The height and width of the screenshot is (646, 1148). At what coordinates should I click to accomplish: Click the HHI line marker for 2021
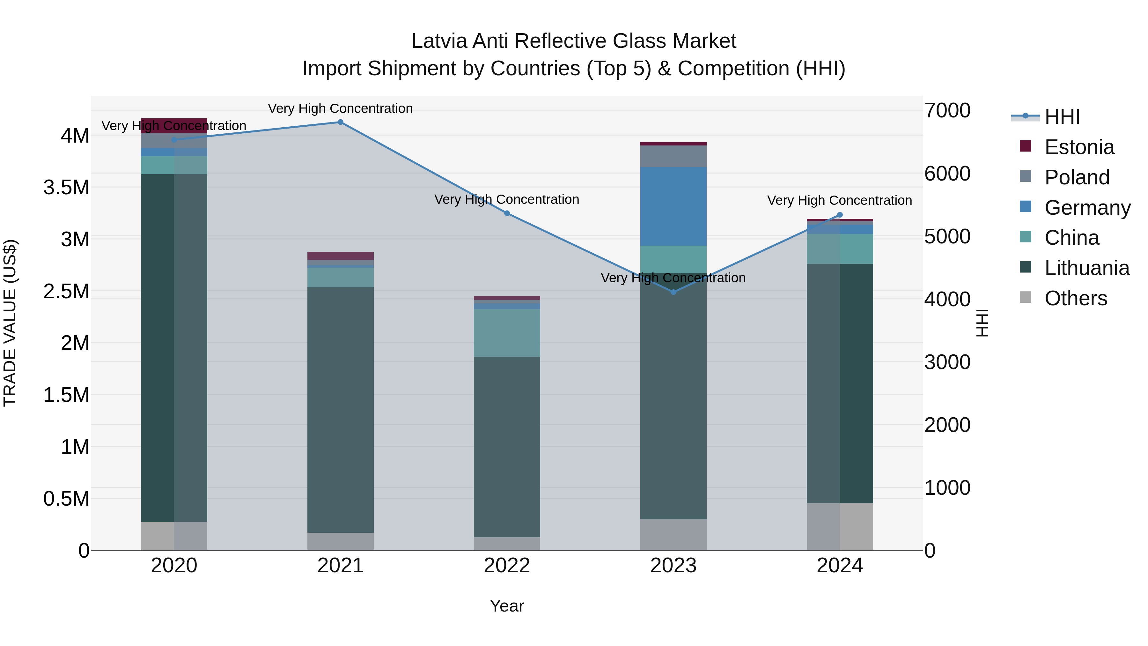(x=341, y=122)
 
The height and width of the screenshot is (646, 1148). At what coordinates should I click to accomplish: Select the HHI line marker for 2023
(x=673, y=292)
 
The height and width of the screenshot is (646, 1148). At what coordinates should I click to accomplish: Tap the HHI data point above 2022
(x=507, y=213)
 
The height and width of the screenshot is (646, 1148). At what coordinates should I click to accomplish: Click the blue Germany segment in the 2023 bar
(x=673, y=206)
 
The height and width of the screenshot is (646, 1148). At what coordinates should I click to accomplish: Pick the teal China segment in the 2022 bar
(x=507, y=333)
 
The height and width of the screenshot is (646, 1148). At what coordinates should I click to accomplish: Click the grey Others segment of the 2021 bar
(x=341, y=541)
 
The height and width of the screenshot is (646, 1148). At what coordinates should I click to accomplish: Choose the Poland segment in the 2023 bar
(x=673, y=156)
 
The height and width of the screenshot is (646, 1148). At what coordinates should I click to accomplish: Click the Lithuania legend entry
(x=1086, y=268)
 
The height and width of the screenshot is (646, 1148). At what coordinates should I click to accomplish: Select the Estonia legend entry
(x=1079, y=147)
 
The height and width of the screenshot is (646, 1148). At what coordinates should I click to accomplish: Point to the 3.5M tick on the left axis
(x=66, y=187)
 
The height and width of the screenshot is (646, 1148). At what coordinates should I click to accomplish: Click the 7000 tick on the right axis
(x=947, y=111)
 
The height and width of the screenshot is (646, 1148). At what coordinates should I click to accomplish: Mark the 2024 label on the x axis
(x=840, y=565)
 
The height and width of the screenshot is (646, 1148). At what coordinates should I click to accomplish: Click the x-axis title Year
(x=507, y=606)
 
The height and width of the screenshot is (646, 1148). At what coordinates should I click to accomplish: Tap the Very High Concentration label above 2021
(x=341, y=108)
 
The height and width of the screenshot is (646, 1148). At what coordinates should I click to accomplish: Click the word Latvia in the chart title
(x=439, y=41)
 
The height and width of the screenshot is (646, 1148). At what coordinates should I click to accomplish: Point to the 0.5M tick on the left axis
(x=66, y=498)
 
